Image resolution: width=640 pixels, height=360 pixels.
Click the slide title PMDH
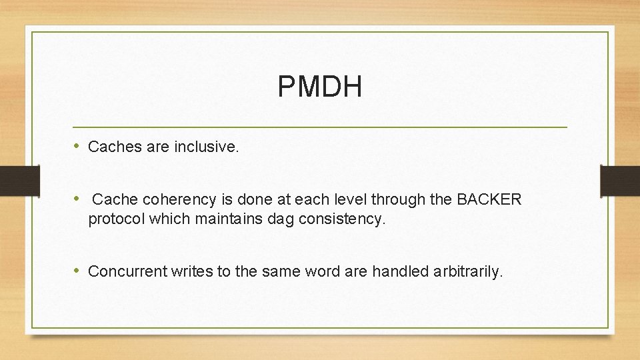click(x=319, y=87)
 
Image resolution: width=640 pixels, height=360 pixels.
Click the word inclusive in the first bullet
click(x=205, y=147)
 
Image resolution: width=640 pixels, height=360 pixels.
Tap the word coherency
click(x=165, y=199)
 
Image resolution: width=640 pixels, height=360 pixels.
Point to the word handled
click(x=396, y=271)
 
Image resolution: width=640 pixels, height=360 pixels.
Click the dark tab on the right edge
click(x=620, y=181)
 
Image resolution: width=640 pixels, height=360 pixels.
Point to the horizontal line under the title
click(x=319, y=127)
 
